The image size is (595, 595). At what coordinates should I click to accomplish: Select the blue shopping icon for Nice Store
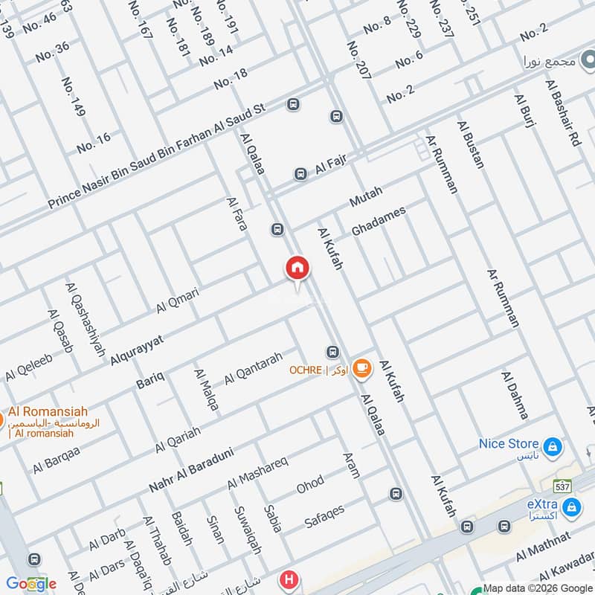(x=553, y=447)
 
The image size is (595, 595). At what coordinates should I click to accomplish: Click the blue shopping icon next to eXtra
(x=571, y=508)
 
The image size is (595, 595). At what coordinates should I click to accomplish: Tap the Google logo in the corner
(x=30, y=583)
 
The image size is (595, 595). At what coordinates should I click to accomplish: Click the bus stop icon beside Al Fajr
(x=300, y=174)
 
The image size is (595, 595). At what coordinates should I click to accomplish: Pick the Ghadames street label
(x=379, y=222)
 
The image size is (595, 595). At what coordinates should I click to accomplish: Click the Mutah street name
(x=365, y=197)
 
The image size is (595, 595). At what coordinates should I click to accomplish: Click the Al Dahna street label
(x=515, y=395)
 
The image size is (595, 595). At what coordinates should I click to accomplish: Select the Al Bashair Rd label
(x=563, y=112)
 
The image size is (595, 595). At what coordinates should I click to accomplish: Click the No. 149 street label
(x=73, y=97)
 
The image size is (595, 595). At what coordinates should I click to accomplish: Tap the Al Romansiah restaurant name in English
(x=48, y=411)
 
